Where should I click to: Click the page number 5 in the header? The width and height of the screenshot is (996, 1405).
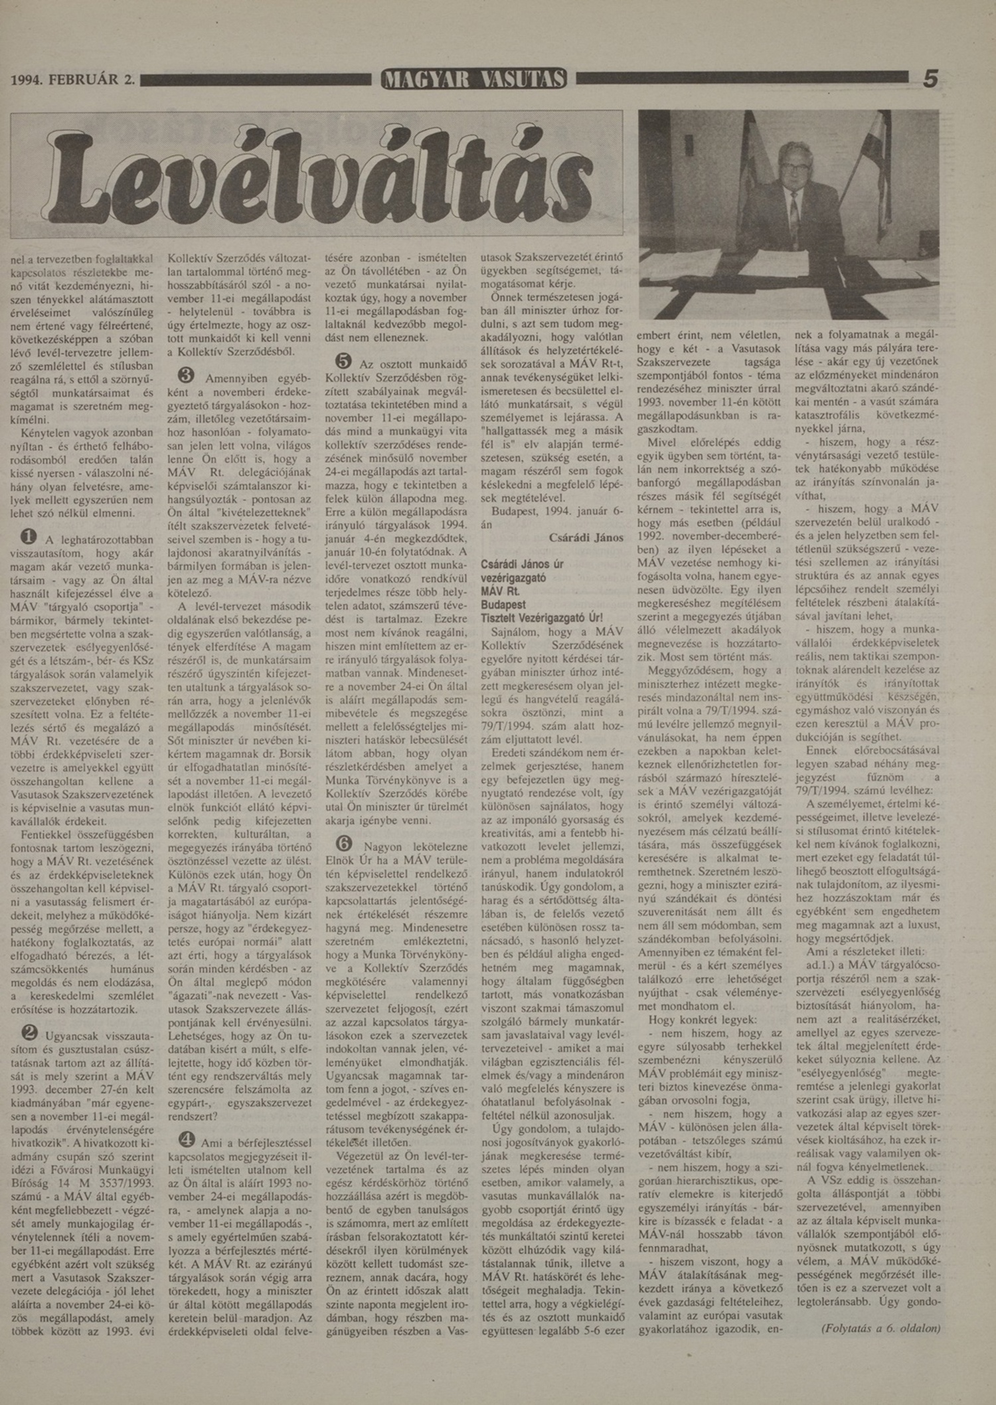click(x=931, y=79)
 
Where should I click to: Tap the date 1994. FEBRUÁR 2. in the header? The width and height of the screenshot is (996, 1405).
click(x=73, y=80)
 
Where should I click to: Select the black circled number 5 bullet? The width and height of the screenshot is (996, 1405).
click(x=343, y=361)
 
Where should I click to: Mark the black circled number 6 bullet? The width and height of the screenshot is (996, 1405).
click(x=344, y=843)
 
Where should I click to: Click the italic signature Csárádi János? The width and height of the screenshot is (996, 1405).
click(x=586, y=537)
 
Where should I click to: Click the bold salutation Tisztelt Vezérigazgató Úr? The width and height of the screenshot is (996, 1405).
click(x=542, y=618)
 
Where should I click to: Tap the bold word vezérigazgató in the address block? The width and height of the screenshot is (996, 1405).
click(x=513, y=578)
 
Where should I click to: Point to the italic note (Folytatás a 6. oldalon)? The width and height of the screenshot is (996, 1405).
click(x=880, y=1328)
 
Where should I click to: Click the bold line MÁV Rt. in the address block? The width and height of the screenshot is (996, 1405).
click(x=501, y=591)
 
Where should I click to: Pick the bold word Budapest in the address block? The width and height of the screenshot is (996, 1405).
click(x=503, y=605)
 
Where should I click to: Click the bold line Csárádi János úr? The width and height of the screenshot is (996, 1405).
click(x=522, y=565)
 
